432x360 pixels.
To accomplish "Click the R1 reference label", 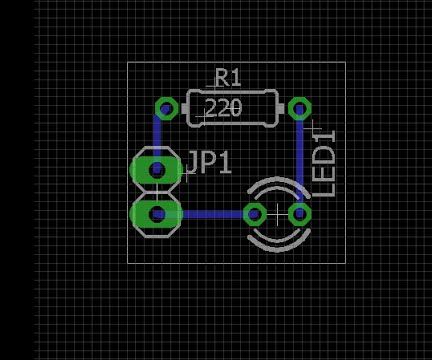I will (x=228, y=77).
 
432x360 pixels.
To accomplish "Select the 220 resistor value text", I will (x=223, y=107).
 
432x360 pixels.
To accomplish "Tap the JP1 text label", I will (x=208, y=163).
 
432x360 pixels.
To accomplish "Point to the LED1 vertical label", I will (x=326, y=162).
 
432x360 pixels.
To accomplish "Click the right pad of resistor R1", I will (x=298, y=108).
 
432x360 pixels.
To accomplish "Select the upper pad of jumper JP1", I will (x=157, y=170).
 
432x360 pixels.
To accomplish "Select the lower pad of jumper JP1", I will (x=157, y=213).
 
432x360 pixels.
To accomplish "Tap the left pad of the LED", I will (x=255, y=214).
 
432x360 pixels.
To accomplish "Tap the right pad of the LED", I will (x=298, y=214).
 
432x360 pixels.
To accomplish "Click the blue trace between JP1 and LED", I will (x=210, y=214).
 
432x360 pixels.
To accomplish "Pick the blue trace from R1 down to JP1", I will (x=158, y=135).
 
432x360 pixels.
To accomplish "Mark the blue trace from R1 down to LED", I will (x=300, y=160).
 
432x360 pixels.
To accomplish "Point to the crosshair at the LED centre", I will (x=277, y=214).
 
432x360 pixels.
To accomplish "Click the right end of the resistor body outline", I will (x=276, y=108).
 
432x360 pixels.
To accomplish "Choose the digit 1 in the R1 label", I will (x=236, y=77).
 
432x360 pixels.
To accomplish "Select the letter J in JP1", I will (x=192, y=163).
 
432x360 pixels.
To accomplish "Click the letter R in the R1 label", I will (x=222, y=77).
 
